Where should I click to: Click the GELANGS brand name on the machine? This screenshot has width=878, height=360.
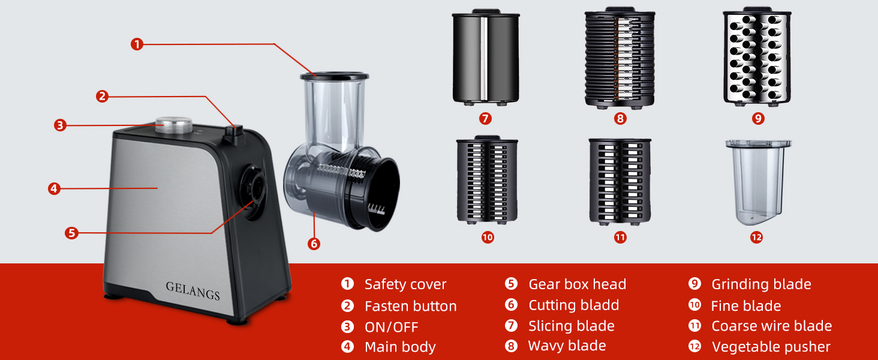[x=193, y=291]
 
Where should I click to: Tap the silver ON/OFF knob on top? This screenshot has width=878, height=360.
[x=174, y=125]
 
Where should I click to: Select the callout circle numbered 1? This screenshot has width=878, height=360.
[x=137, y=44]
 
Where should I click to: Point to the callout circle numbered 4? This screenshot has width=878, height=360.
[x=54, y=188]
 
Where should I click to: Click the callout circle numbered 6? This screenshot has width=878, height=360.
[x=314, y=244]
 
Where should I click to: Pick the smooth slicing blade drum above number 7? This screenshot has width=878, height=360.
[x=486, y=58]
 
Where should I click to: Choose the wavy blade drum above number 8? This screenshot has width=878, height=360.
[x=620, y=58]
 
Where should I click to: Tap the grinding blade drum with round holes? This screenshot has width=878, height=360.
[x=758, y=58]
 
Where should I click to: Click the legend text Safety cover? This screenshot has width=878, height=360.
[x=405, y=284]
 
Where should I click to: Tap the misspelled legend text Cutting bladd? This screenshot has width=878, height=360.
[x=573, y=305]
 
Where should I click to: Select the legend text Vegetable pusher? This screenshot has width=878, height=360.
[x=771, y=347]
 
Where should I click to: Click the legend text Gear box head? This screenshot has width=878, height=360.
[x=577, y=284]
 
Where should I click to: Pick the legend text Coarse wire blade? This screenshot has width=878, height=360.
[x=771, y=326]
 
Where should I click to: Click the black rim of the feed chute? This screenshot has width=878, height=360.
[x=334, y=77]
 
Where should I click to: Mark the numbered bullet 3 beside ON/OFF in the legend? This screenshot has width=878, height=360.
[x=347, y=327]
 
